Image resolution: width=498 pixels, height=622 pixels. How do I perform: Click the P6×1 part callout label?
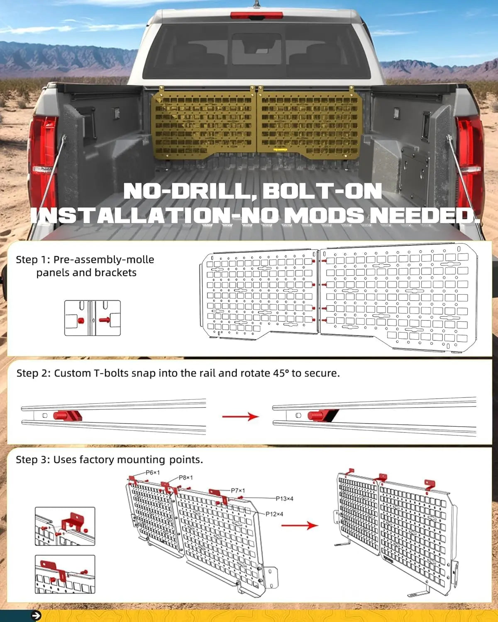[152, 472]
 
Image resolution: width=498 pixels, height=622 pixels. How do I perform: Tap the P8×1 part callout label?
[186, 477]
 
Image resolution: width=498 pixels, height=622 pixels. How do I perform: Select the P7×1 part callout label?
[237, 491]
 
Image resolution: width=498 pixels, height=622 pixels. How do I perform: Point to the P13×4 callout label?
[284, 498]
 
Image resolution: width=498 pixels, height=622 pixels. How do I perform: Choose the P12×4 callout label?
[274, 514]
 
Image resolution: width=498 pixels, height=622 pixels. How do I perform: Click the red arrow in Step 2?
[240, 416]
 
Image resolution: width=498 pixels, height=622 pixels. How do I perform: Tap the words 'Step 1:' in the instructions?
[33, 260]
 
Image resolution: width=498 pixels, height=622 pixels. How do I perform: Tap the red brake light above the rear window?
[256, 15]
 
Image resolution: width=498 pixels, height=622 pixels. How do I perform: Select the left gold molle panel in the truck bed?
[203, 122]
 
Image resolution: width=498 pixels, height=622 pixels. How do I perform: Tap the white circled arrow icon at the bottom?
[36, 616]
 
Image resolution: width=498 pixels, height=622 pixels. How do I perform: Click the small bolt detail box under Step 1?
[93, 318]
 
